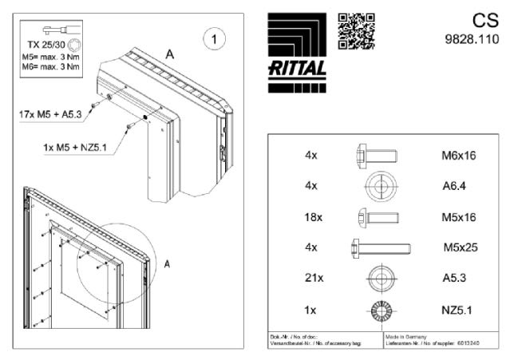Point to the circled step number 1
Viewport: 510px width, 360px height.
click(213, 38)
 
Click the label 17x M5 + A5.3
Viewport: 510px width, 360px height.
click(53, 114)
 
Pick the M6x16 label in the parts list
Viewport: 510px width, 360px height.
click(458, 155)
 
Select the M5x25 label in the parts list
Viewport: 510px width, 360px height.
click(460, 247)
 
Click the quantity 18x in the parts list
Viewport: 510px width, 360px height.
click(312, 216)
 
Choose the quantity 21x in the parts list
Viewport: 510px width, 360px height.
click(312, 278)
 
